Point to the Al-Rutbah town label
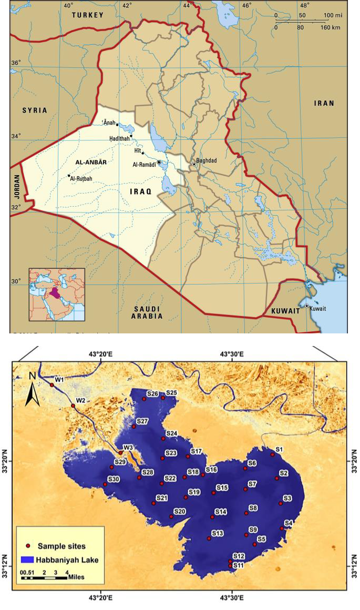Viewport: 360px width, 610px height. coord(81,179)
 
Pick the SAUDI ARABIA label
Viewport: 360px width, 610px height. coord(147,312)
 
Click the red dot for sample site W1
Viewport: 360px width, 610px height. coord(52,385)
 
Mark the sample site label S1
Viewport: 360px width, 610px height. coord(280,449)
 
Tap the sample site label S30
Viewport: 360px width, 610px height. coord(114,479)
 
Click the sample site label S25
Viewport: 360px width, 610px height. coord(171,393)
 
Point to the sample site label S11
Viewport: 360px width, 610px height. coord(239,565)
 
